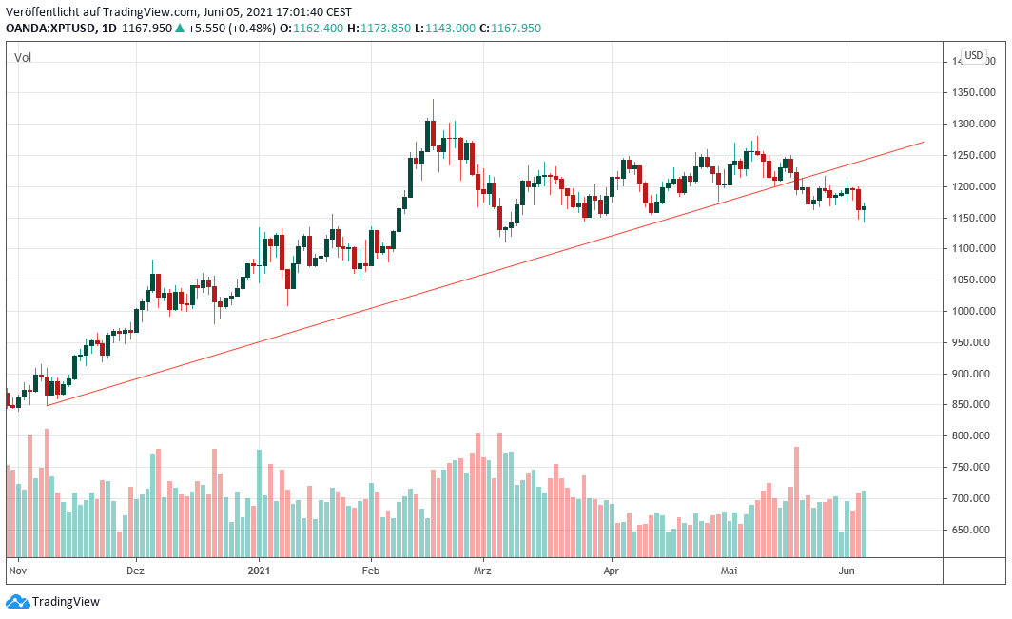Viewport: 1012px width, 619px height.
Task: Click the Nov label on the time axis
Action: click(17, 571)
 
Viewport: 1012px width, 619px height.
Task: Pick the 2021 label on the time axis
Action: click(260, 571)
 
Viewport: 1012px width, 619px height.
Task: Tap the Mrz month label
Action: click(483, 571)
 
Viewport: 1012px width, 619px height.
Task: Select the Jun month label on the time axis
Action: click(845, 571)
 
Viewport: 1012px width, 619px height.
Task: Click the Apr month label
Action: click(611, 571)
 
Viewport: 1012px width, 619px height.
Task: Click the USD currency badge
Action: click(974, 55)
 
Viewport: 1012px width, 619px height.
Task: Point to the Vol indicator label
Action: click(23, 58)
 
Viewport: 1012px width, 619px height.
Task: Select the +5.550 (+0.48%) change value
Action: click(232, 29)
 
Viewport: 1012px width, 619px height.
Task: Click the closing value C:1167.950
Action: click(510, 29)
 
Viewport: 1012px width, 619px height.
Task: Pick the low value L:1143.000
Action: click(445, 29)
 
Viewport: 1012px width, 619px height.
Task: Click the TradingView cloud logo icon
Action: click(17, 601)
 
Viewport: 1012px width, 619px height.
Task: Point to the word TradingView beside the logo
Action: click(66, 601)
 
